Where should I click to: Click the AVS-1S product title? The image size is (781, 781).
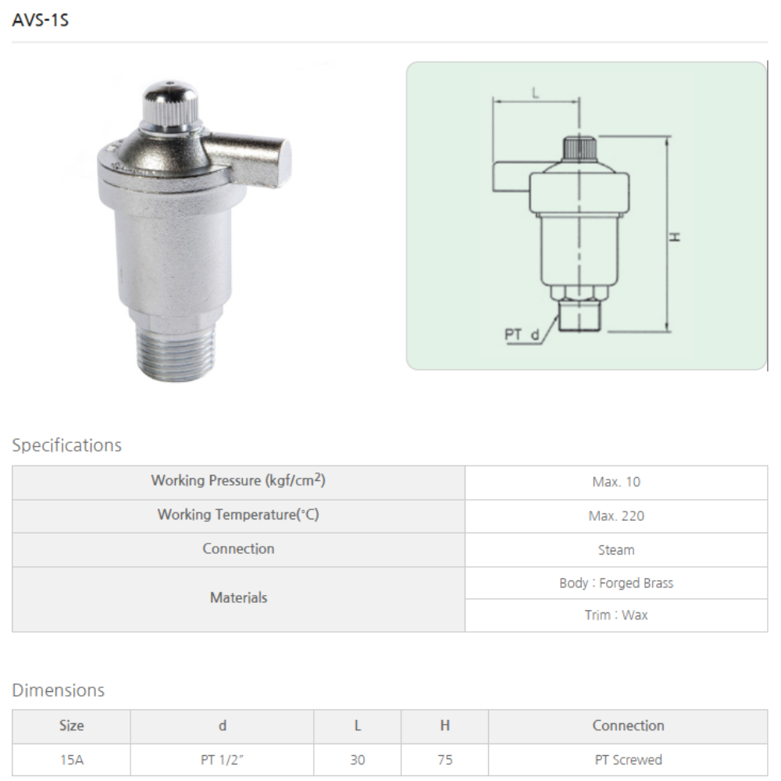tap(41, 20)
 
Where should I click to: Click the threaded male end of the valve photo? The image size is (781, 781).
tap(176, 355)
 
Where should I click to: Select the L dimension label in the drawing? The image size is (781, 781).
tap(536, 93)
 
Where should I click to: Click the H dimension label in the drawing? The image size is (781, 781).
tap(675, 237)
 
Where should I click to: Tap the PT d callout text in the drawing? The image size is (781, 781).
tap(522, 334)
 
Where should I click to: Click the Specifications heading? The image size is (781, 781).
tap(66, 445)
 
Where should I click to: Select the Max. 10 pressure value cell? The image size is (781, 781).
tap(616, 482)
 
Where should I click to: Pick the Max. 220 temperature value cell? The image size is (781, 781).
tap(616, 516)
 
